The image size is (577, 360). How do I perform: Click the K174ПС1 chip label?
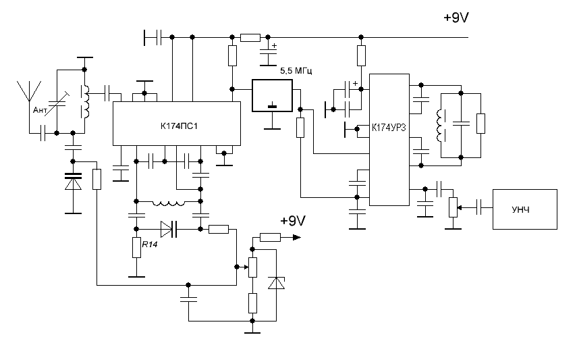pyautogui.click(x=179, y=126)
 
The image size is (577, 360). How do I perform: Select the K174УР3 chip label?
pyautogui.click(x=389, y=128)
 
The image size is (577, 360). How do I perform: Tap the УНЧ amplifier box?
pyautogui.click(x=525, y=209)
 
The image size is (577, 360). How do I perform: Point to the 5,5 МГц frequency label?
pyautogui.click(x=296, y=70)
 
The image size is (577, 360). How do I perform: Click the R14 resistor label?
pyautogui.click(x=150, y=245)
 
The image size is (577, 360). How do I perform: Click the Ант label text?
pyautogui.click(x=40, y=110)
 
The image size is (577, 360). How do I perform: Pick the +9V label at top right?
pyautogui.click(x=456, y=18)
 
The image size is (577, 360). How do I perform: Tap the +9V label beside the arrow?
pyautogui.click(x=293, y=220)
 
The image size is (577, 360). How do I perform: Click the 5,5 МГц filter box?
pyautogui.click(x=272, y=95)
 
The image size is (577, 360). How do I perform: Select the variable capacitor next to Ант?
pyautogui.click(x=57, y=103)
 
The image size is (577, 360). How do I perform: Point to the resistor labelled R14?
pyautogui.click(x=136, y=247)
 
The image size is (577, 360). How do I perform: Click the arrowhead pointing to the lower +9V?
pyautogui.click(x=296, y=238)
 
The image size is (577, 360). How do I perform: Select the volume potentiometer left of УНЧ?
pyautogui.click(x=454, y=207)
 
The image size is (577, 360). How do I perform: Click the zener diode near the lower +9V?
pyautogui.click(x=276, y=283)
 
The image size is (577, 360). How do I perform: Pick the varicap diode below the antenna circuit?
pyautogui.click(x=73, y=181)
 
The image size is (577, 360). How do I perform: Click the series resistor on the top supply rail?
pyautogui.click(x=250, y=37)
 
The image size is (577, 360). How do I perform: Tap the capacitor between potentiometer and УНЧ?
pyautogui.click(x=478, y=207)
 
